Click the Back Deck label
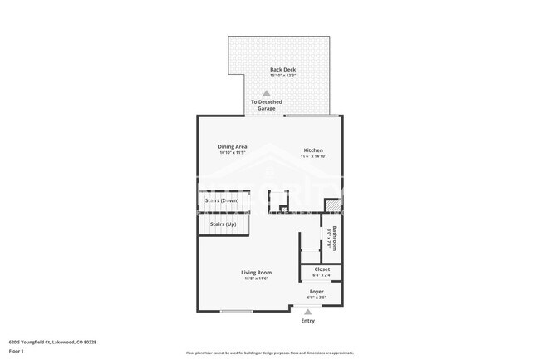282,69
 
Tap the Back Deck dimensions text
282,76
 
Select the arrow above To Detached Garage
267,94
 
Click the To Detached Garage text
267,106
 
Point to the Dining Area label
233,146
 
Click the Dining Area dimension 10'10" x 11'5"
233,153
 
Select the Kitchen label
312,150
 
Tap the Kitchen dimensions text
312,156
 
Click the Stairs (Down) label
222,201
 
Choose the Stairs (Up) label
223,224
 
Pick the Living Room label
257,272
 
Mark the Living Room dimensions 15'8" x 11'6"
257,279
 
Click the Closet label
322,269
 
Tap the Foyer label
317,291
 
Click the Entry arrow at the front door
308,312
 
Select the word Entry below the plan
308,321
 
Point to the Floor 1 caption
17,351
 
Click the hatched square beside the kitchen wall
332,205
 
